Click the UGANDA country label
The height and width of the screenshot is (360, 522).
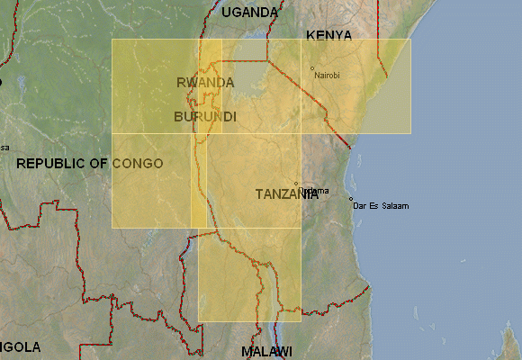(250, 12)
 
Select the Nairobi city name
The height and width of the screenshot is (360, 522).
(328, 75)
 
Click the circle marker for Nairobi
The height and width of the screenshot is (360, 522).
(312, 68)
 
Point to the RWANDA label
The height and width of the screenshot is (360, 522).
(205, 82)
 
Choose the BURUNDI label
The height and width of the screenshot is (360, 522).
(205, 117)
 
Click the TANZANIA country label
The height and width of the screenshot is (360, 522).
(286, 194)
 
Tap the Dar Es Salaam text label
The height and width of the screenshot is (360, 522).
(382, 206)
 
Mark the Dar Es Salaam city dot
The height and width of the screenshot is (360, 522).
(351, 199)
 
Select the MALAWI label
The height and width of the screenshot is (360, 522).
(266, 351)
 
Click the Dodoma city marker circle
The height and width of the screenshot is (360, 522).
(296, 184)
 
